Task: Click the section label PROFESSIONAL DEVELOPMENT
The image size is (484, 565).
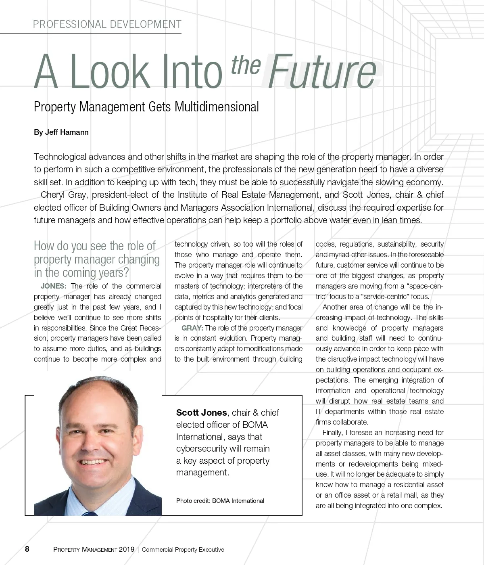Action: pyautogui.click(x=107, y=25)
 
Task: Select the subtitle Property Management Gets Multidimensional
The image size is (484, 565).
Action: pyautogui.click(x=146, y=107)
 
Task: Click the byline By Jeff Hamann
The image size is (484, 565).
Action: pyautogui.click(x=61, y=132)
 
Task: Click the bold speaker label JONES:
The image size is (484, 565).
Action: pyautogui.click(x=54, y=286)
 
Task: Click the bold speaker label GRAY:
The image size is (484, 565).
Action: pyautogui.click(x=192, y=328)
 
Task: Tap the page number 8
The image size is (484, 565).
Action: pyautogui.click(x=27, y=549)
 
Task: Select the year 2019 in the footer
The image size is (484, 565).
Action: pyautogui.click(x=127, y=549)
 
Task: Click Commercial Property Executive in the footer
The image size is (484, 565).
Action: pyautogui.click(x=183, y=549)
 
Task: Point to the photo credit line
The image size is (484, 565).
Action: pyautogui.click(x=220, y=501)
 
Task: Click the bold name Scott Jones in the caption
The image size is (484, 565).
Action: pyautogui.click(x=201, y=412)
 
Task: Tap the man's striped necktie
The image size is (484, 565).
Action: pyautogui.click(x=90, y=513)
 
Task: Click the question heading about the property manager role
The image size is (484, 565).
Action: pyautogui.click(x=97, y=259)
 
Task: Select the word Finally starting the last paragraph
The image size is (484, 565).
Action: pyautogui.click(x=333, y=433)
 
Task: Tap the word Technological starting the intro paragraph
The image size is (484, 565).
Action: pyautogui.click(x=60, y=157)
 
